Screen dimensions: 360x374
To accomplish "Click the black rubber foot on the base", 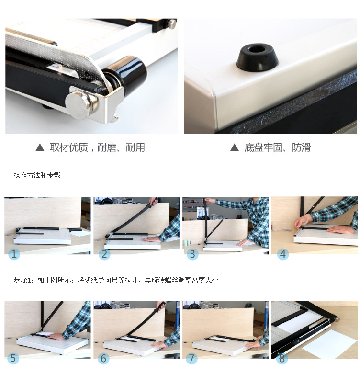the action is (257, 57).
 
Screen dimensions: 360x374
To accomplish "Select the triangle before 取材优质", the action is (40, 147).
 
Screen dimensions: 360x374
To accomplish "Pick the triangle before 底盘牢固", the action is (235, 147).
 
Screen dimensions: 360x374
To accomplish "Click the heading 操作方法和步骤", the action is (37, 175).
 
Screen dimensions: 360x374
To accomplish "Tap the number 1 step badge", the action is (14, 254).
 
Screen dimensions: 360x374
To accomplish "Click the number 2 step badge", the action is (104, 254).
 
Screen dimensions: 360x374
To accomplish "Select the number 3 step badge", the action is (192, 254).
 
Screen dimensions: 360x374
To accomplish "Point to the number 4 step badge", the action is (283, 254).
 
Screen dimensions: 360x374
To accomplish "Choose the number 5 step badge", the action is (13, 358).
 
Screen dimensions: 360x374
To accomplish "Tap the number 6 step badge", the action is (104, 358).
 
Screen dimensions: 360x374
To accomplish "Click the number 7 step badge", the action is (191, 358).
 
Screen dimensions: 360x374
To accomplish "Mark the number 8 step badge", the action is (282, 358).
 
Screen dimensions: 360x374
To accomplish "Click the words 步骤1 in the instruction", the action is (21, 280).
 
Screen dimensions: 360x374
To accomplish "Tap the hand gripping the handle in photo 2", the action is (154, 201).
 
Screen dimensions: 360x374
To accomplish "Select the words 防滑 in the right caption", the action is (301, 147).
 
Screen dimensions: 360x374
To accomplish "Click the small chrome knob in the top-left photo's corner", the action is (172, 24).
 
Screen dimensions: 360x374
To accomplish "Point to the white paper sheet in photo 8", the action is (326, 344).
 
